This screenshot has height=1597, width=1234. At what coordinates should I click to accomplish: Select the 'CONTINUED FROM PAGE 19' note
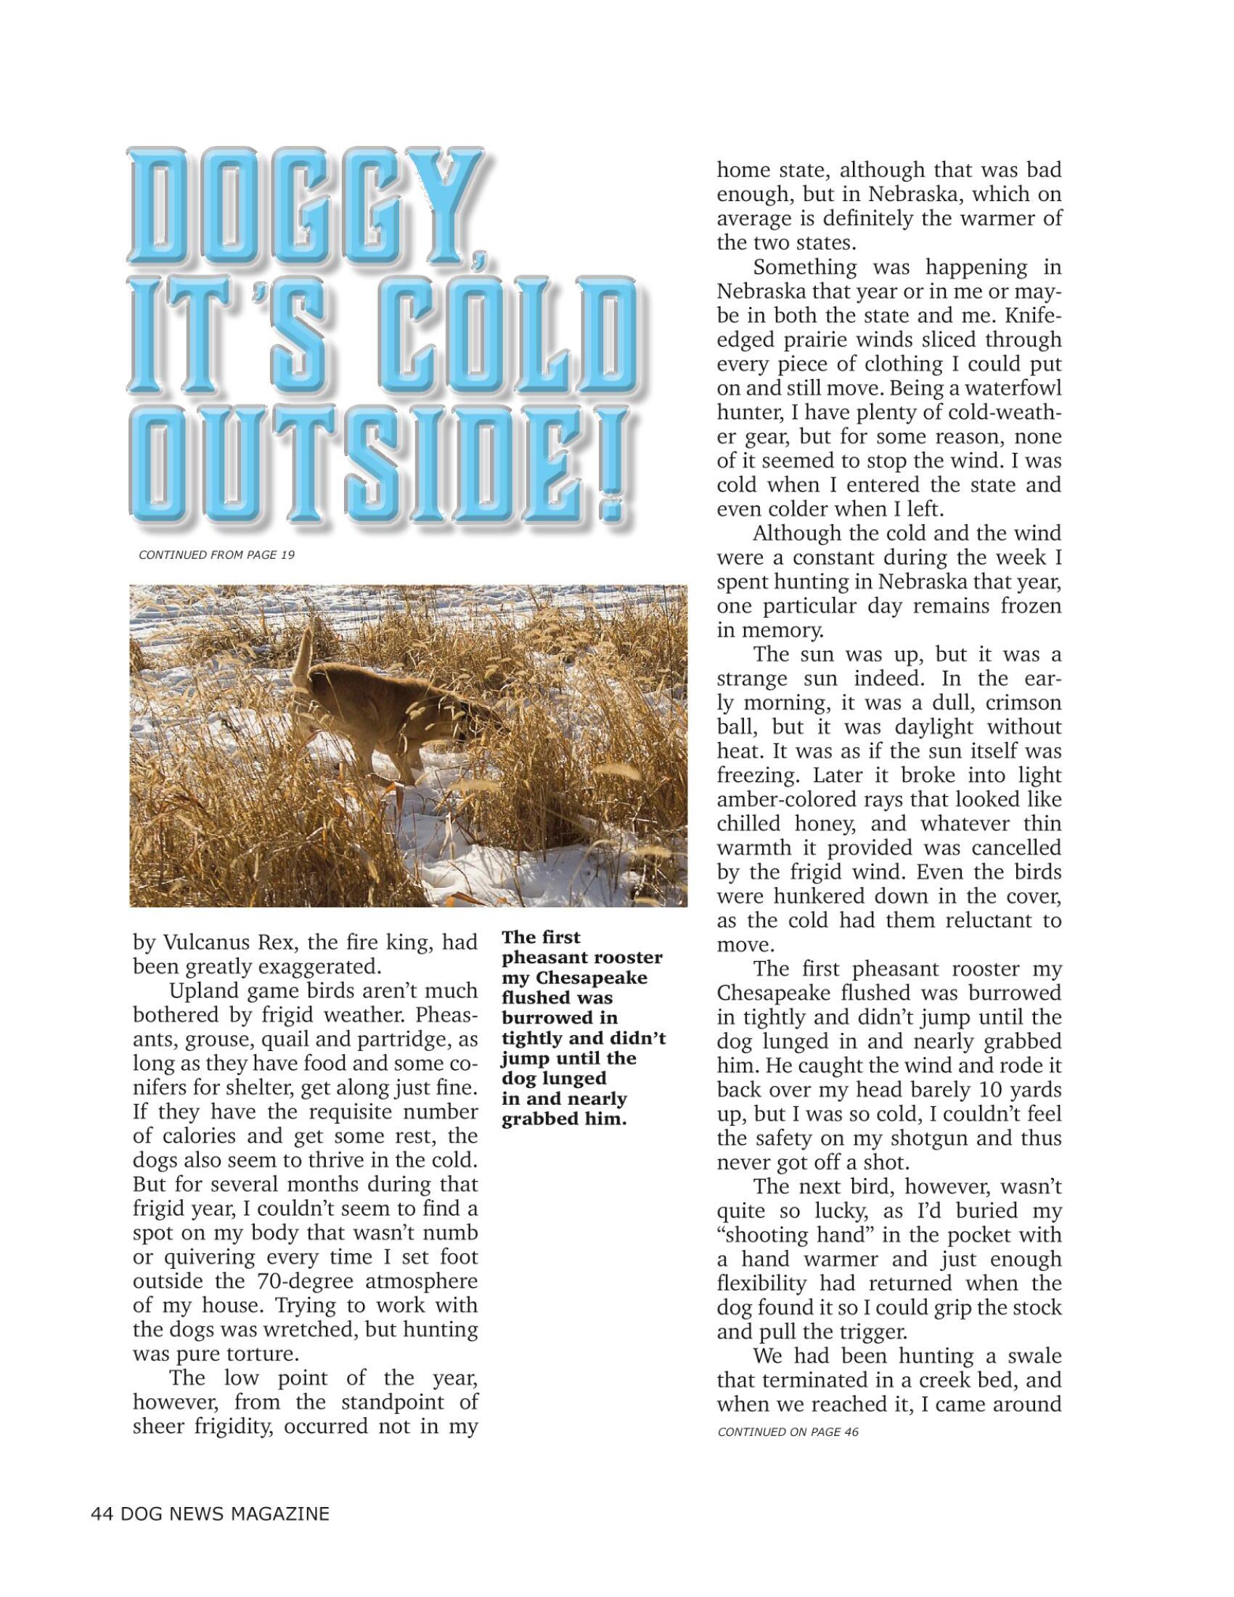click(216, 555)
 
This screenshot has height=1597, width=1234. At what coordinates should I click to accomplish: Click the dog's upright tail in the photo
click(303, 650)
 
